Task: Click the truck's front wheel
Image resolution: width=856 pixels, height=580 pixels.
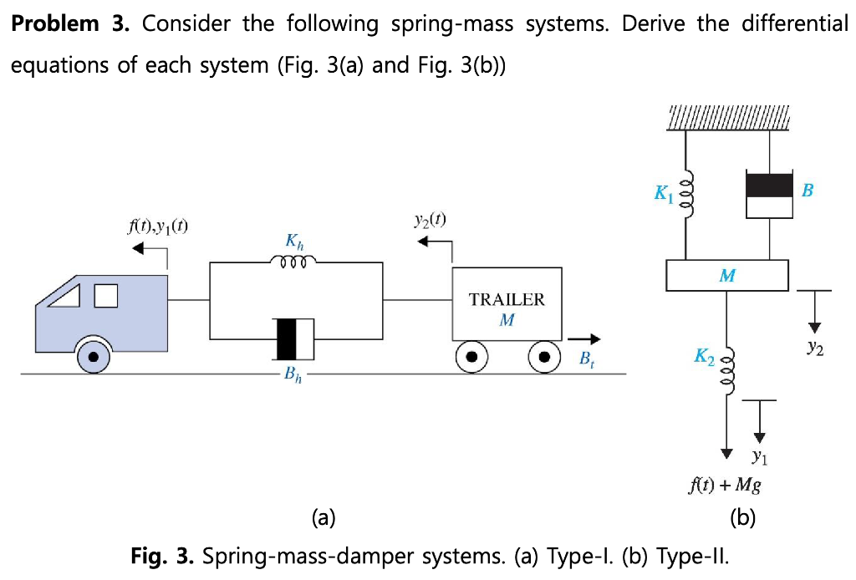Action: (x=93, y=358)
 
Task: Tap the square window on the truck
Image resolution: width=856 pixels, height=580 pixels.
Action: (x=105, y=296)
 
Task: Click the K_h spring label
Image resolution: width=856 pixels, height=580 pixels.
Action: (x=294, y=242)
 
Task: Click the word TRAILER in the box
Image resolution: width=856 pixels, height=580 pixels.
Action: (x=507, y=300)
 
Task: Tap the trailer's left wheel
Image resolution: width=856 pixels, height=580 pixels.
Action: (x=471, y=357)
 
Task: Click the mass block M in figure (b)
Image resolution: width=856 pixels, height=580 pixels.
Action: (x=727, y=275)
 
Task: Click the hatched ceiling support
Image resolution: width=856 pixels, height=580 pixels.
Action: (x=728, y=118)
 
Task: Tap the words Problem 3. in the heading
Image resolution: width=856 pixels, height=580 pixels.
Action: (x=69, y=23)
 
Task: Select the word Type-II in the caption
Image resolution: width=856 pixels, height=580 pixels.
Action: (x=697, y=556)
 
